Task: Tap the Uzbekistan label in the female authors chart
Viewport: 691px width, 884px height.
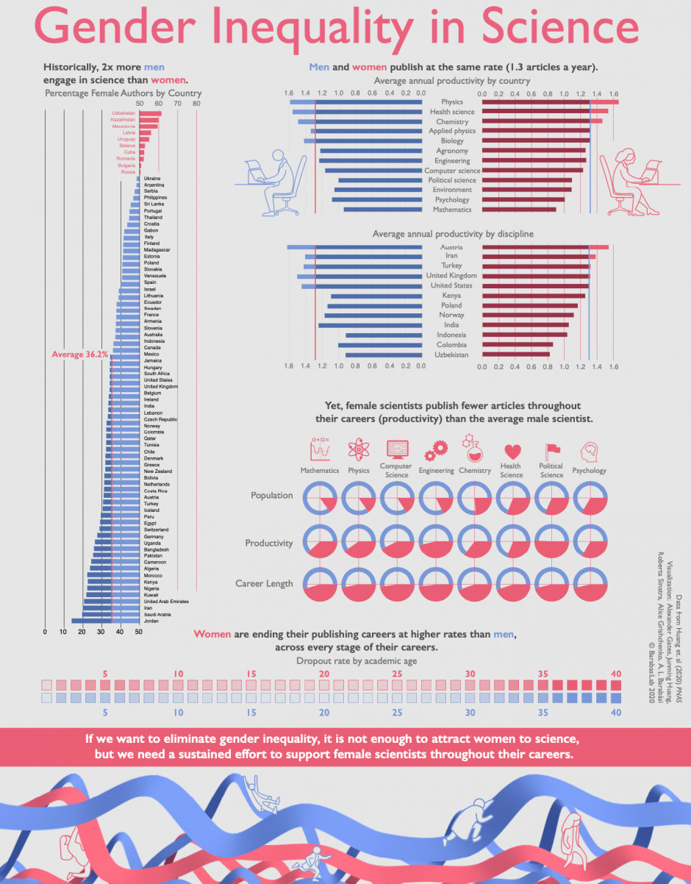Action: tap(123, 113)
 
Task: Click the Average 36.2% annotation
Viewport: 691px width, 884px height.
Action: tap(80, 354)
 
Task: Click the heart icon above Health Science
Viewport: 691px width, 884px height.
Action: tap(512, 451)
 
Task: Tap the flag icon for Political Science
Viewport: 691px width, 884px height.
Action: tap(551, 449)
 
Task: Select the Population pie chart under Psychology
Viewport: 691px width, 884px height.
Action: tap(590, 499)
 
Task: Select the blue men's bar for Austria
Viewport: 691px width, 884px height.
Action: tap(354, 247)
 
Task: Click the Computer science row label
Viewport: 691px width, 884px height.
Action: tap(452, 171)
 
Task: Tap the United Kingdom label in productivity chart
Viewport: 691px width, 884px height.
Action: tap(451, 276)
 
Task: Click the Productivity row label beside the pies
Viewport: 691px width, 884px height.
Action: tap(268, 543)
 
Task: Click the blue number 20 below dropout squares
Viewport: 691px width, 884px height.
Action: tap(324, 713)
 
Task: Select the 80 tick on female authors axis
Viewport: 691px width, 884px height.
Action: tap(196, 104)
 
